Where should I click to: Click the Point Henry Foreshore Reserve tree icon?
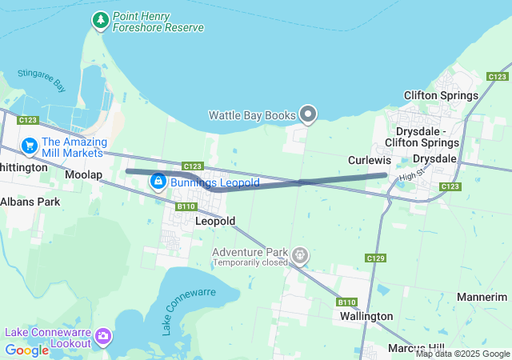(x=101, y=20)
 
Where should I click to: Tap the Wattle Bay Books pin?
(x=309, y=114)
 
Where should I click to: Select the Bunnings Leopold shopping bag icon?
(x=158, y=182)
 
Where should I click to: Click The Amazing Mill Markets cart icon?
(x=30, y=146)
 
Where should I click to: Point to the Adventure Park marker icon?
(x=300, y=256)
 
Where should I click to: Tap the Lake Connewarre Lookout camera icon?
(x=103, y=337)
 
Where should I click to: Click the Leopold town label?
(x=215, y=221)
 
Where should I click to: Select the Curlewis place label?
(x=369, y=160)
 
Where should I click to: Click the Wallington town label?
(x=366, y=316)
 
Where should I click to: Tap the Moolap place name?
(x=83, y=174)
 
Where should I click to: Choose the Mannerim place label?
(x=482, y=297)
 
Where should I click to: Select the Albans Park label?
(x=30, y=202)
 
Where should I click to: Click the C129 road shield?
(x=375, y=258)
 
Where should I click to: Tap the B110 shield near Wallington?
(x=347, y=302)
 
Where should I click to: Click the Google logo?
(x=27, y=350)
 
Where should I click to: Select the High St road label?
(x=410, y=174)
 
